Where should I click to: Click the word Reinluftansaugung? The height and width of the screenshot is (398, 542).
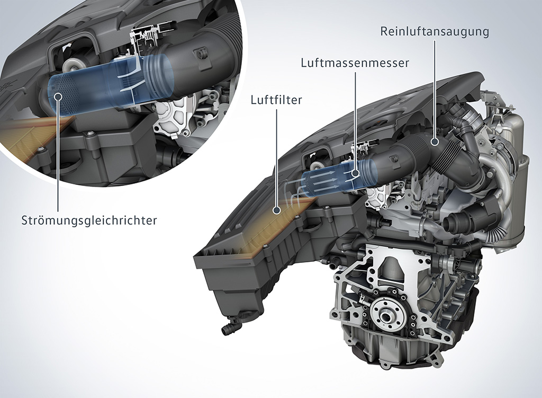point(434,31)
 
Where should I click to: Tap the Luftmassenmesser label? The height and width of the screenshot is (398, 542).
point(355,63)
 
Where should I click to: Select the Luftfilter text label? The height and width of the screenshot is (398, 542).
point(277,100)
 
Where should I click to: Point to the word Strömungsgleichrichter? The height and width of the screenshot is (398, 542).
point(89,220)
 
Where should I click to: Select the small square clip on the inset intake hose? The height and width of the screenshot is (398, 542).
point(201,54)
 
